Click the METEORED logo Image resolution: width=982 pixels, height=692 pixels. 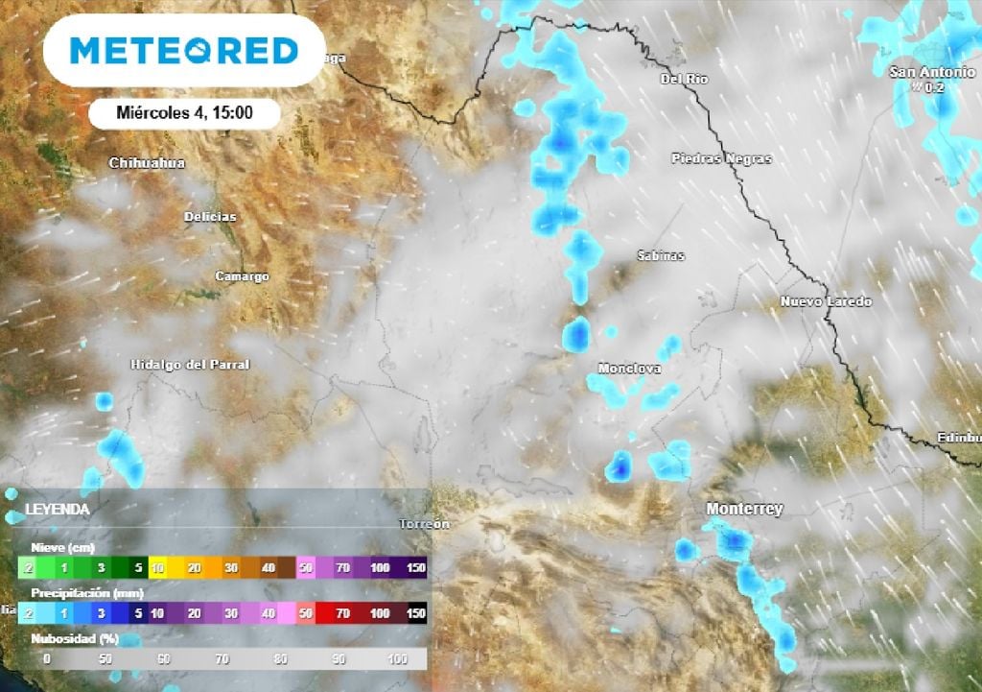184,51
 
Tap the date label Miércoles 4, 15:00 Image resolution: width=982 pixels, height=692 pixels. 184,113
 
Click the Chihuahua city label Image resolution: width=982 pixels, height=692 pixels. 147,163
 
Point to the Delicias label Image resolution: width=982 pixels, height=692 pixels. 209,217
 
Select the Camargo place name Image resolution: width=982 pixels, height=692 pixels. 242,276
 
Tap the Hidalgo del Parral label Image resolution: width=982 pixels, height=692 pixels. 190,365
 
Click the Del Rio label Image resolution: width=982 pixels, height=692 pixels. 685,80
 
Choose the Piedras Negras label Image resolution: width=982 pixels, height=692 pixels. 721,158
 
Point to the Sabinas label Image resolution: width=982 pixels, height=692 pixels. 662,256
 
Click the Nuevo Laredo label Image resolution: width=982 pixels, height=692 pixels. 826,302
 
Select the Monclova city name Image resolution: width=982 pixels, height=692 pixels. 629,369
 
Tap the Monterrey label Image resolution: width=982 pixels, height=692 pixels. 744,509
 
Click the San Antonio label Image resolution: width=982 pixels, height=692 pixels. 931,72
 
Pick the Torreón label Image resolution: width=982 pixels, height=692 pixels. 424,524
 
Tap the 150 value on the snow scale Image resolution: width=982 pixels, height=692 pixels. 414,568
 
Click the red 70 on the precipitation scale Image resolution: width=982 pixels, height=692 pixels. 342,612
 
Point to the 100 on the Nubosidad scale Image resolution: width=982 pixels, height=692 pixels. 395,659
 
